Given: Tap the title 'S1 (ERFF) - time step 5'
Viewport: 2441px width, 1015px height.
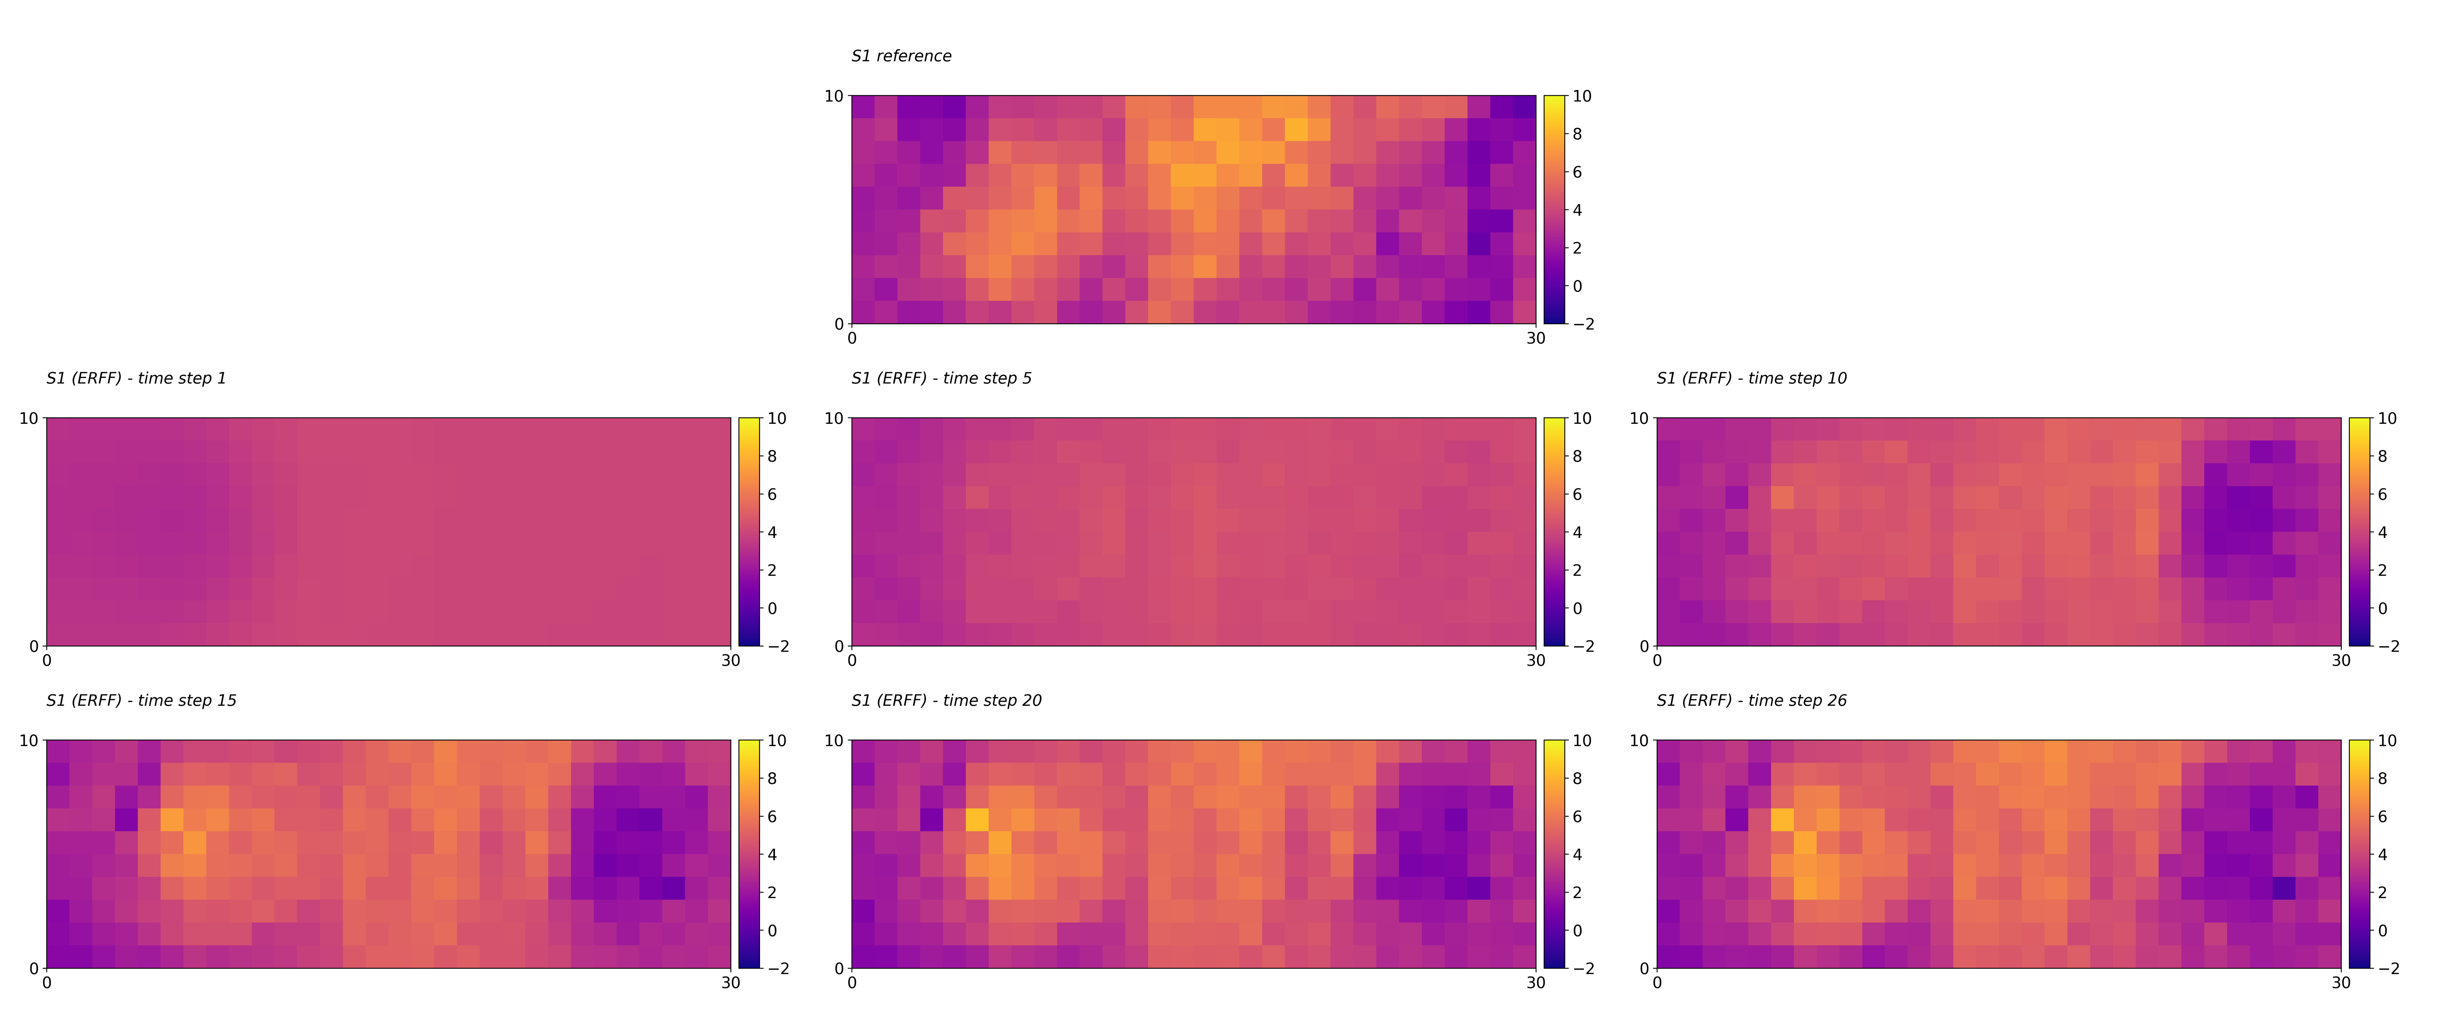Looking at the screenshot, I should point(941,378).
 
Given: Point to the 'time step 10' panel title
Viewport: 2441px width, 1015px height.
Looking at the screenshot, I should point(1751,378).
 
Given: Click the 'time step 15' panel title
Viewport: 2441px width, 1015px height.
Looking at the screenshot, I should point(141,700).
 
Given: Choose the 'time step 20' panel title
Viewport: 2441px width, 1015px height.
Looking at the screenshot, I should point(946,700).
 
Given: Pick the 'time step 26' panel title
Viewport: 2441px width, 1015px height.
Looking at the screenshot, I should point(1751,700).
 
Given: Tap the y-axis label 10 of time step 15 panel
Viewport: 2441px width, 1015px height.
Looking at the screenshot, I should point(28,740).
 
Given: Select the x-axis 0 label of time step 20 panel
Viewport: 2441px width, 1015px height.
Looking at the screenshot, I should point(852,983).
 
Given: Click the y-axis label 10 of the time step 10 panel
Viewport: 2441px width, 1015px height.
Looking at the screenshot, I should point(1638,418).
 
